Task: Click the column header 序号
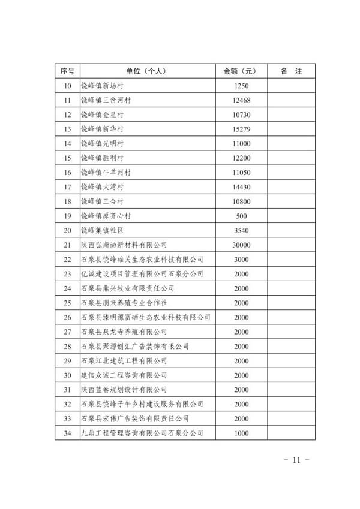(67, 71)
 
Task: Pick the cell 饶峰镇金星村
(106, 114)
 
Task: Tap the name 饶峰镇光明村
(106, 143)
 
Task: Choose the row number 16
(67, 172)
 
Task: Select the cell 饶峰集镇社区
(106, 230)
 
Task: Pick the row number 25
(67, 303)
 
